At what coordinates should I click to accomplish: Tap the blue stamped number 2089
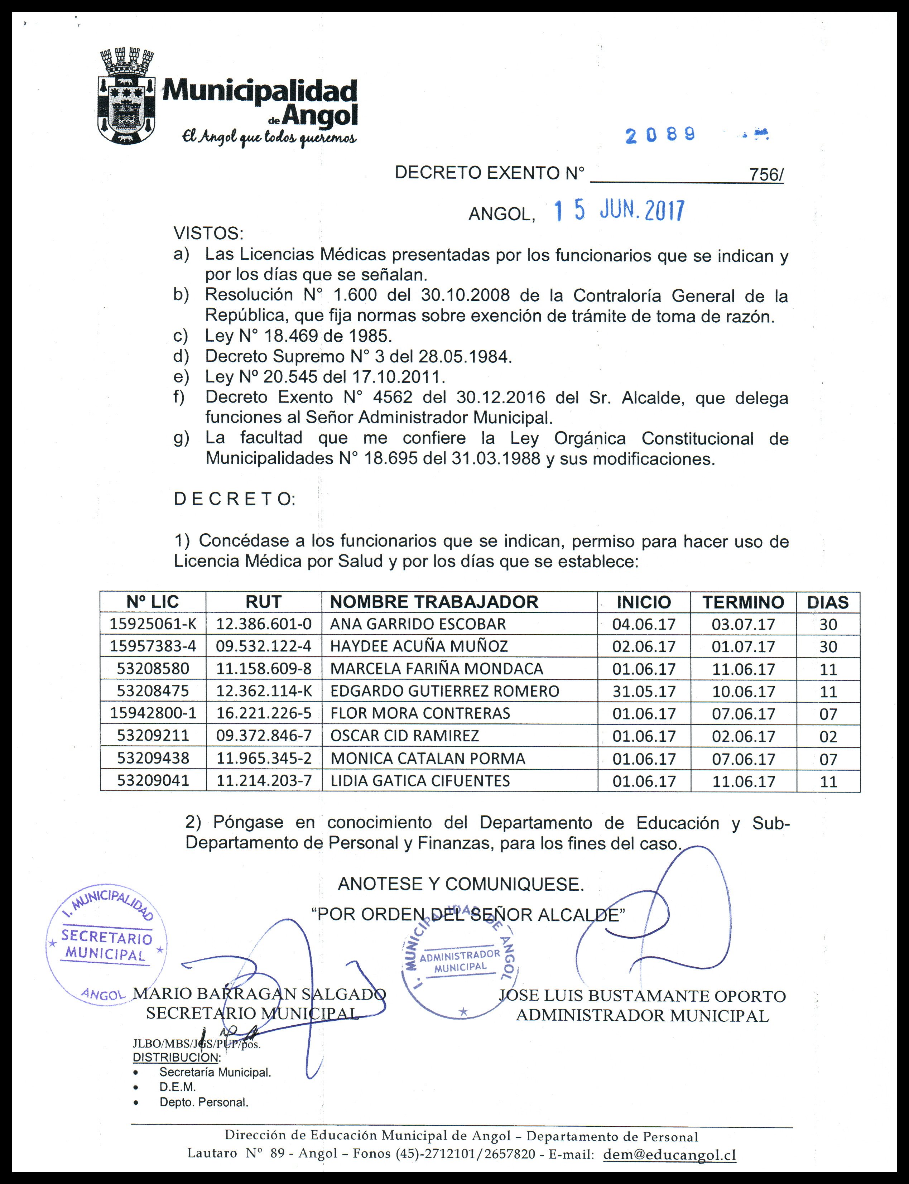pyautogui.click(x=660, y=135)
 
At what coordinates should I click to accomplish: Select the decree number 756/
pyautogui.click(x=766, y=175)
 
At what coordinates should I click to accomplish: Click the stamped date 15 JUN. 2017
pyautogui.click(x=620, y=211)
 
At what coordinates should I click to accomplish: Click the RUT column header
pyautogui.click(x=264, y=602)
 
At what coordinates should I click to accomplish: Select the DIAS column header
pyautogui.click(x=828, y=602)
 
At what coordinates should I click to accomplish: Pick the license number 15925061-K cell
pyautogui.click(x=153, y=624)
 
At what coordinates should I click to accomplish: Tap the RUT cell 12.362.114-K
pyautogui.click(x=264, y=691)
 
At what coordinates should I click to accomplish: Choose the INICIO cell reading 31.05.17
pyautogui.click(x=644, y=691)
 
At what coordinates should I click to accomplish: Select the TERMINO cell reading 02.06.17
pyautogui.click(x=744, y=736)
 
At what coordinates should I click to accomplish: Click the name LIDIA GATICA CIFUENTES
pyautogui.click(x=420, y=781)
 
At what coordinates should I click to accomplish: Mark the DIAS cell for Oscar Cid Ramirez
pyautogui.click(x=828, y=736)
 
